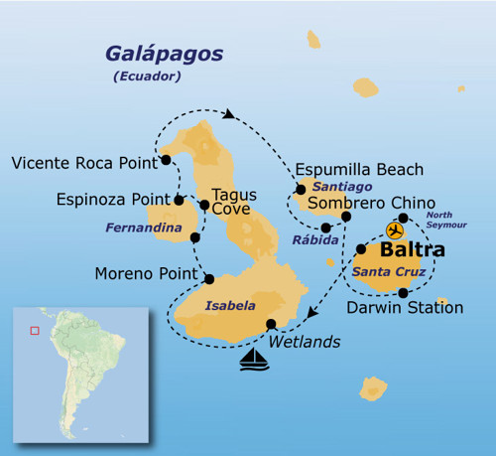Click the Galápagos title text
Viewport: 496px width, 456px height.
pyautogui.click(x=166, y=53)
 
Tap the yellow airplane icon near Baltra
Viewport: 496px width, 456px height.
pyautogui.click(x=395, y=230)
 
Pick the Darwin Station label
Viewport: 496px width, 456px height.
pyautogui.click(x=405, y=308)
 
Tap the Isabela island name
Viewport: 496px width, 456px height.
pyautogui.click(x=229, y=306)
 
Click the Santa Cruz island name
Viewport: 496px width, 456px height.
pyautogui.click(x=389, y=271)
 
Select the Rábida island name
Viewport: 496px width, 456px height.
pyautogui.click(x=311, y=238)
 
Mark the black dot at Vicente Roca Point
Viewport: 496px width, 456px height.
pyautogui.click(x=165, y=159)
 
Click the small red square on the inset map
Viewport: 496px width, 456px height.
pyautogui.click(x=35, y=331)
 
